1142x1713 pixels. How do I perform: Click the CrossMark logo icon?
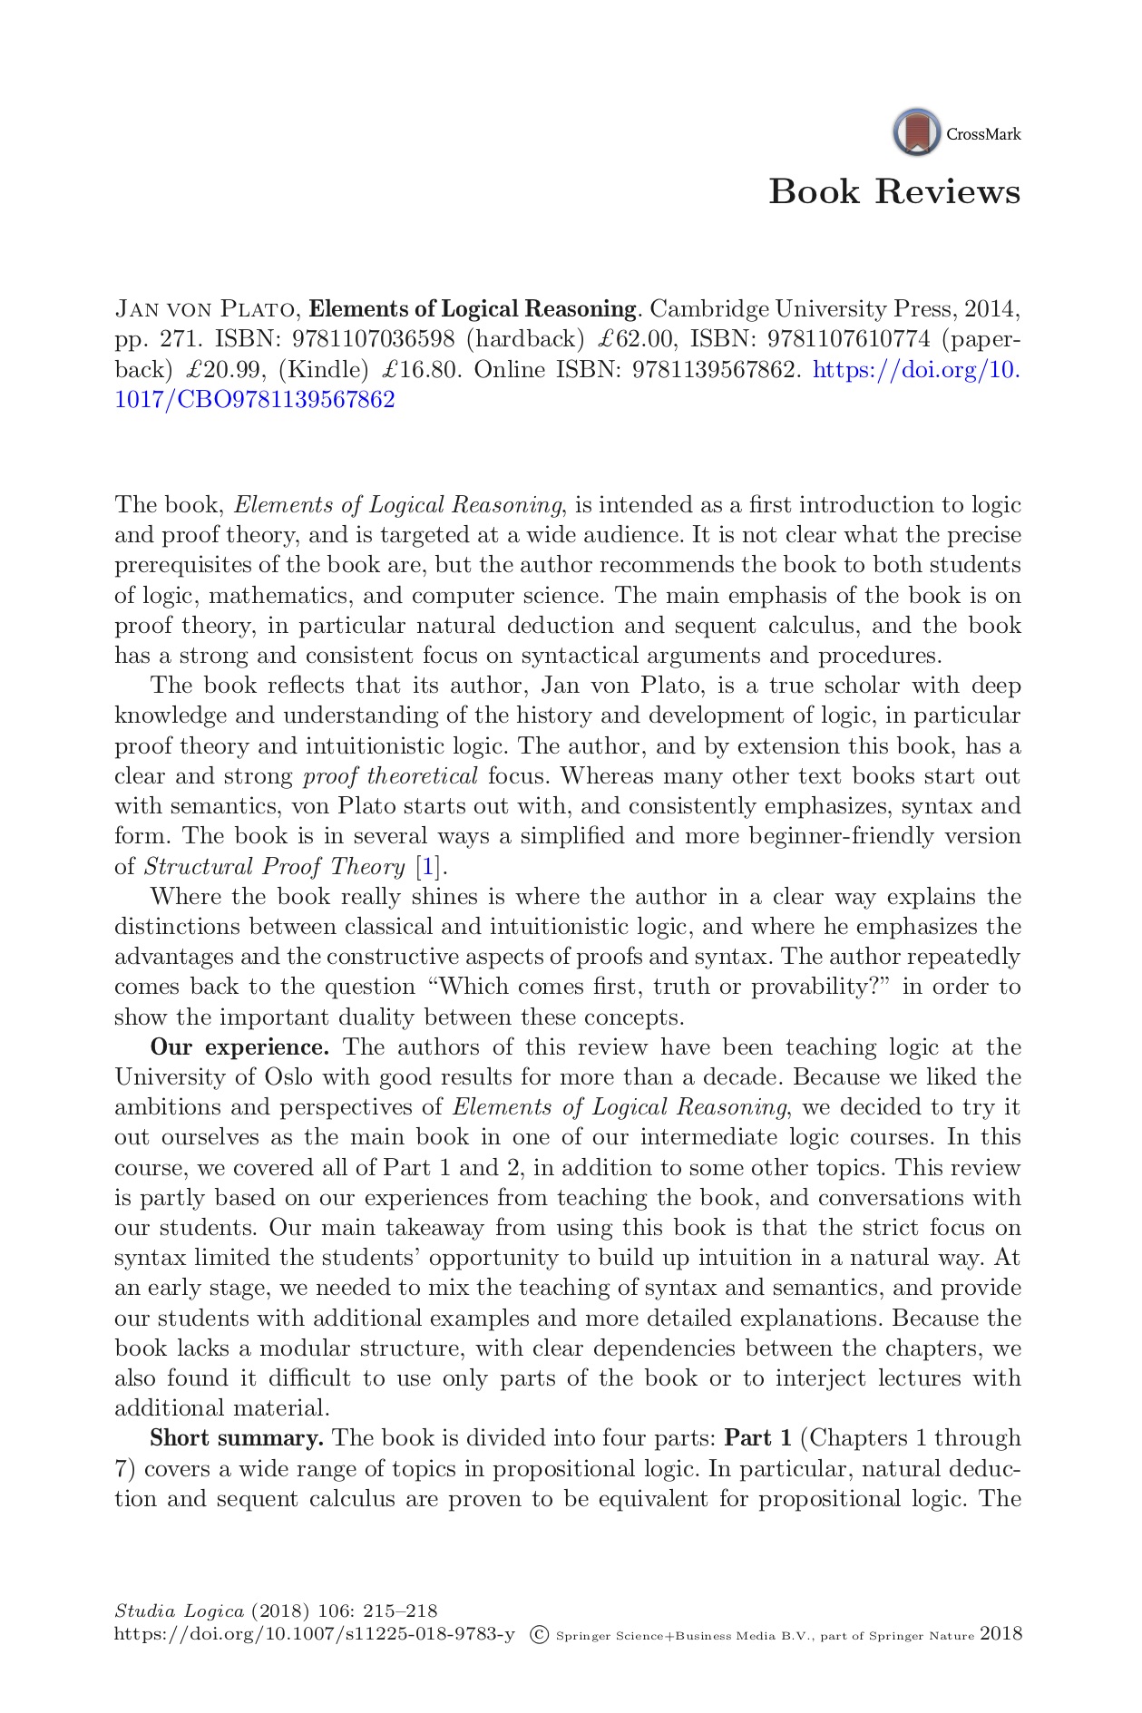(x=916, y=132)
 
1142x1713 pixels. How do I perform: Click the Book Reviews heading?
(x=894, y=192)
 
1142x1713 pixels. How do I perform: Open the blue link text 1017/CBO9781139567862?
(x=255, y=400)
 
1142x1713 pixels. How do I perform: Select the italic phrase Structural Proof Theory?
(x=275, y=867)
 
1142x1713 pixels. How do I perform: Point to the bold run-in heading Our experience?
(x=239, y=1047)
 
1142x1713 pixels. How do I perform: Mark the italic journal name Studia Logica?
(x=180, y=1611)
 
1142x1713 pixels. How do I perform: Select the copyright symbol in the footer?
(x=539, y=1635)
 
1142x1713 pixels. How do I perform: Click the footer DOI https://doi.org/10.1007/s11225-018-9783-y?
(x=314, y=1635)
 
